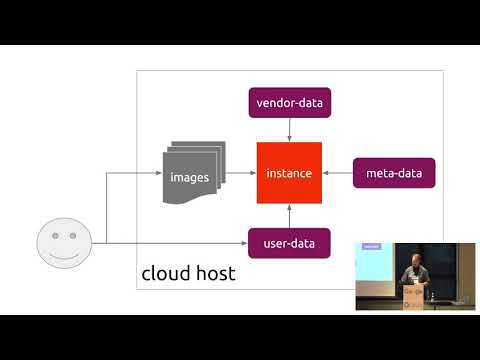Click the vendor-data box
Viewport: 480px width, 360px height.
(289, 103)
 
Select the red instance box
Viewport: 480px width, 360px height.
(289, 174)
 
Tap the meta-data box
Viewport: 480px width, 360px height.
(394, 174)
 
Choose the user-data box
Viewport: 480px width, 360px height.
(289, 243)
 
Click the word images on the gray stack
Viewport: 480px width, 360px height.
(190, 178)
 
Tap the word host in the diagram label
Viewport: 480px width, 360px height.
(213, 273)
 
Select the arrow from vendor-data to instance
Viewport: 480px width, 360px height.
(289, 130)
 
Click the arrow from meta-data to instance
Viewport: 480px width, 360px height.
(340, 174)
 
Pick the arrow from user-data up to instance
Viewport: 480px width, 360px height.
(289, 216)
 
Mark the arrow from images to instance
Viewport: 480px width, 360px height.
(242, 174)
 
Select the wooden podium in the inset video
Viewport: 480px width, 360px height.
(414, 296)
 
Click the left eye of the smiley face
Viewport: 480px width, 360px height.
(56, 238)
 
